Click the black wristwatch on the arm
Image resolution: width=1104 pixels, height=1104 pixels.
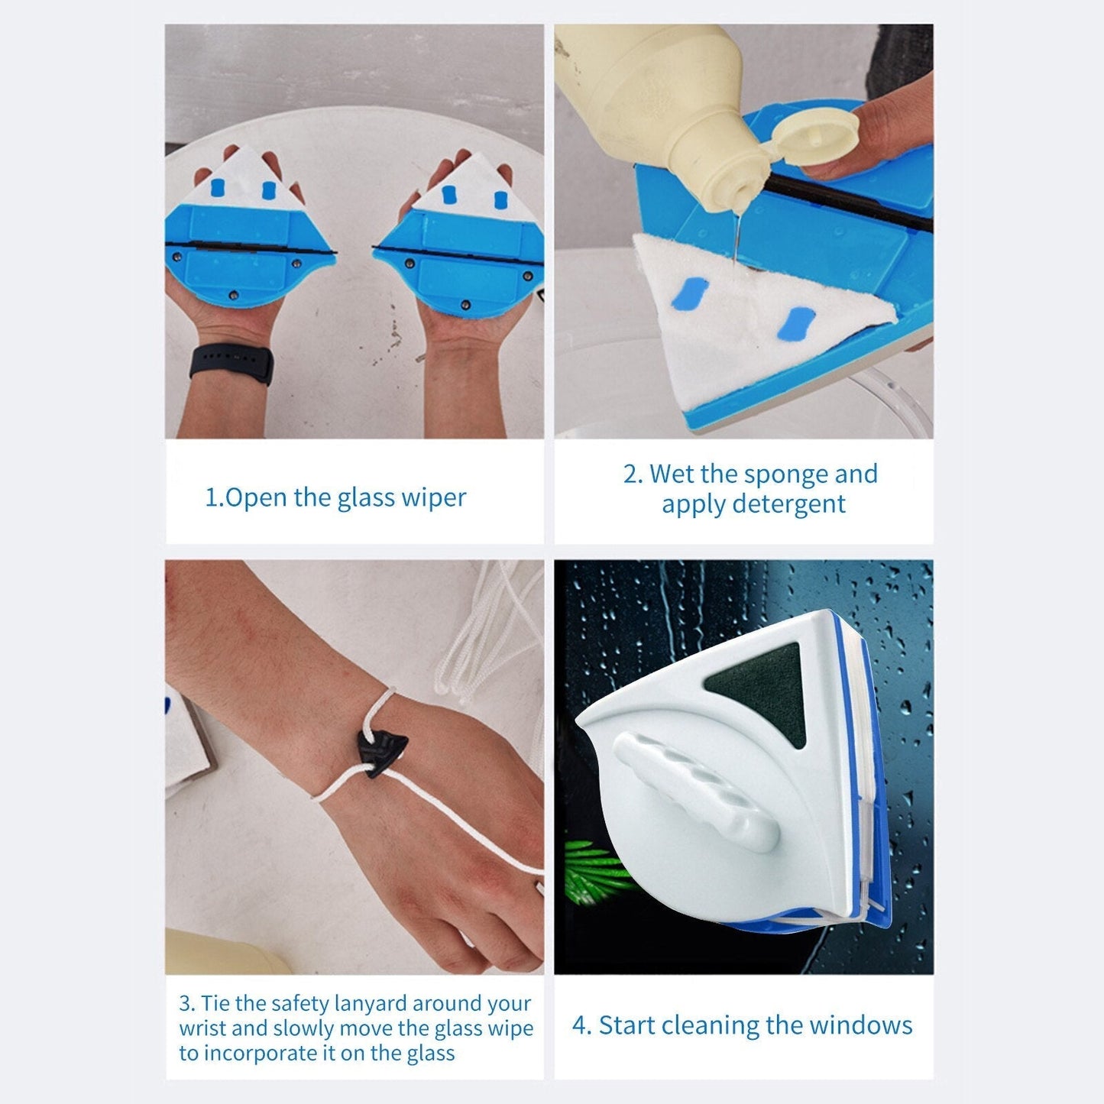pos(231,364)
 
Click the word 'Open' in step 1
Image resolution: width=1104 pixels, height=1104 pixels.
pos(257,497)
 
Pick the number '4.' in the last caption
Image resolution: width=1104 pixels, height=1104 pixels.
pos(581,1025)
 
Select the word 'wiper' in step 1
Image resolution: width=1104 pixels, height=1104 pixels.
pos(437,497)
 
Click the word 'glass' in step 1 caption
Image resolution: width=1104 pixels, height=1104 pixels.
pos(365,497)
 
